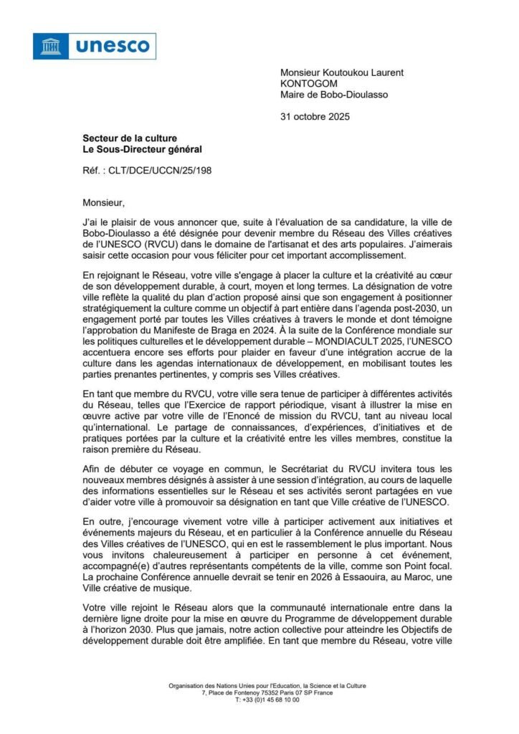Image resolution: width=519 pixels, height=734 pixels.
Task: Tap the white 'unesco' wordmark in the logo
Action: point(113,47)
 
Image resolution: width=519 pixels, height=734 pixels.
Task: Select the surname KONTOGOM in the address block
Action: point(309,83)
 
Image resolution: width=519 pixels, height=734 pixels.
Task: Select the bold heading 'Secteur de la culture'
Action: point(129,138)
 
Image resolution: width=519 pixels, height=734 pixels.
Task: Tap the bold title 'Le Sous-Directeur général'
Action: point(142,149)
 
